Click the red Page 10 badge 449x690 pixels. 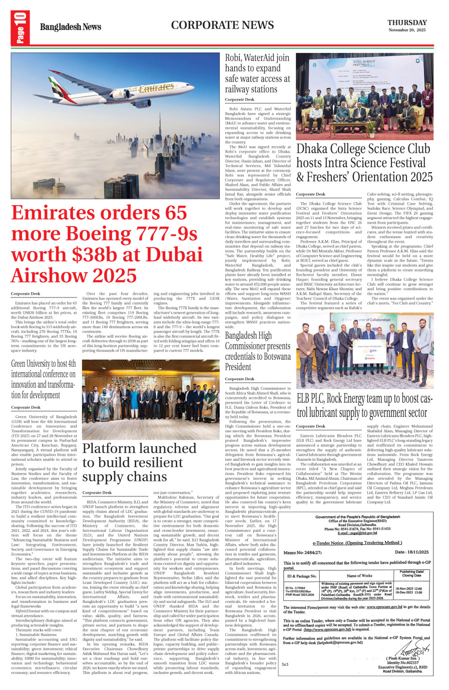[20, 28]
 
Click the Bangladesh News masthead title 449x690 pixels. [71, 27]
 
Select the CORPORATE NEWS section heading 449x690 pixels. [222, 25]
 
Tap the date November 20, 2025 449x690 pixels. [407, 30]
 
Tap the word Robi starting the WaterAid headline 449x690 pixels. [235, 58]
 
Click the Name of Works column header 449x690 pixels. [359, 576]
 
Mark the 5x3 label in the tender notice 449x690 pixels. [285, 664]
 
